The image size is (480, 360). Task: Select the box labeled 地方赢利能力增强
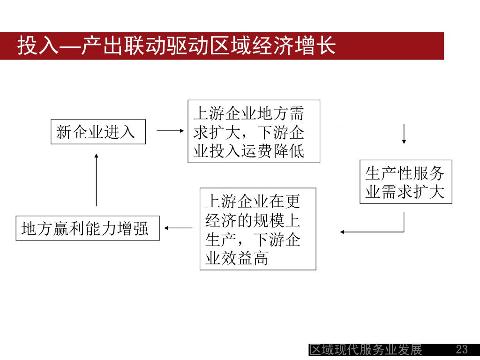(x=88, y=228)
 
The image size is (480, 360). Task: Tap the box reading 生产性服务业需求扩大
(x=405, y=182)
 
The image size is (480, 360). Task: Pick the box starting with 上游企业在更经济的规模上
(x=258, y=229)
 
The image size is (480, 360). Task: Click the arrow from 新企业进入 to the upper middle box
(x=170, y=132)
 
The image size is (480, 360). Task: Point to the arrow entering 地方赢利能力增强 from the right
(x=179, y=228)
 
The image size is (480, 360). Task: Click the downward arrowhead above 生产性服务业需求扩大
(x=404, y=140)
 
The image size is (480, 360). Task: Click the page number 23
(x=462, y=350)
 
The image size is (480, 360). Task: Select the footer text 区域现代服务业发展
(x=366, y=350)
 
